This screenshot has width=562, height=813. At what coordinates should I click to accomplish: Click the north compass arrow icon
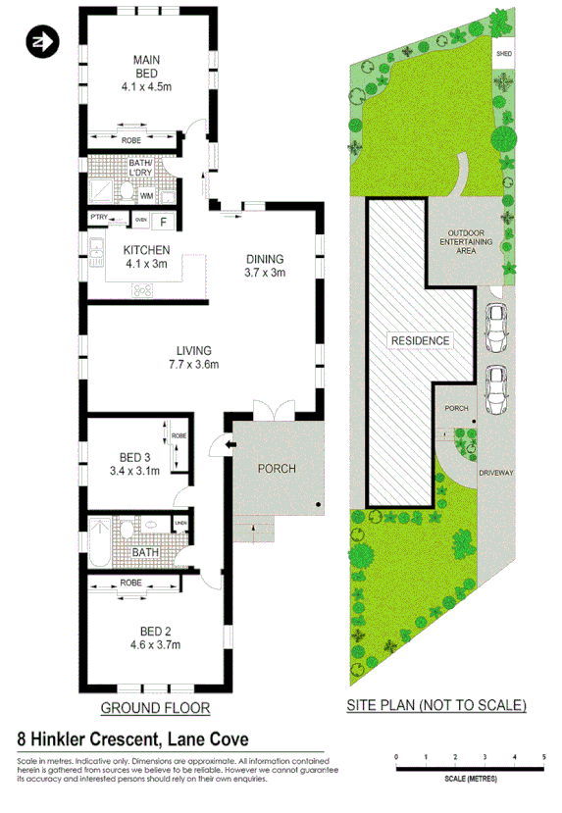pyautogui.click(x=42, y=42)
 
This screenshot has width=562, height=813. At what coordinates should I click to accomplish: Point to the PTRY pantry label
pyautogui.click(x=99, y=218)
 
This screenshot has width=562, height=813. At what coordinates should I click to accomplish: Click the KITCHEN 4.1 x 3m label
pyautogui.click(x=147, y=256)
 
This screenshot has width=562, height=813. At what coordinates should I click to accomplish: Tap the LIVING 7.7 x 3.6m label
pyautogui.click(x=196, y=357)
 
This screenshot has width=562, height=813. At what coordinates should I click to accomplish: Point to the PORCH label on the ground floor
pyautogui.click(x=277, y=468)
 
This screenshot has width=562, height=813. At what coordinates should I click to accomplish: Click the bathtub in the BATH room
pyautogui.click(x=101, y=537)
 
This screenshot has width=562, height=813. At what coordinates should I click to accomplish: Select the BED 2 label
pyautogui.click(x=146, y=636)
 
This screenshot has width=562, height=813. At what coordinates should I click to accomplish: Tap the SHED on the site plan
pyautogui.click(x=504, y=55)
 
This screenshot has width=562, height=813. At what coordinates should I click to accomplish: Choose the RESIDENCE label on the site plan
pyautogui.click(x=420, y=341)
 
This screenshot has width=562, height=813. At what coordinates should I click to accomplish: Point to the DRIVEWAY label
pyautogui.click(x=496, y=473)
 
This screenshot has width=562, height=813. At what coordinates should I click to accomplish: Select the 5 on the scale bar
pyautogui.click(x=544, y=758)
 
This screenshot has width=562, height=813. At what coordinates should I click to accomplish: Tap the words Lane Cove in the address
pyautogui.click(x=207, y=738)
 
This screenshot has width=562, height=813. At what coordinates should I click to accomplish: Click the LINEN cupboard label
pyautogui.click(x=180, y=524)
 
